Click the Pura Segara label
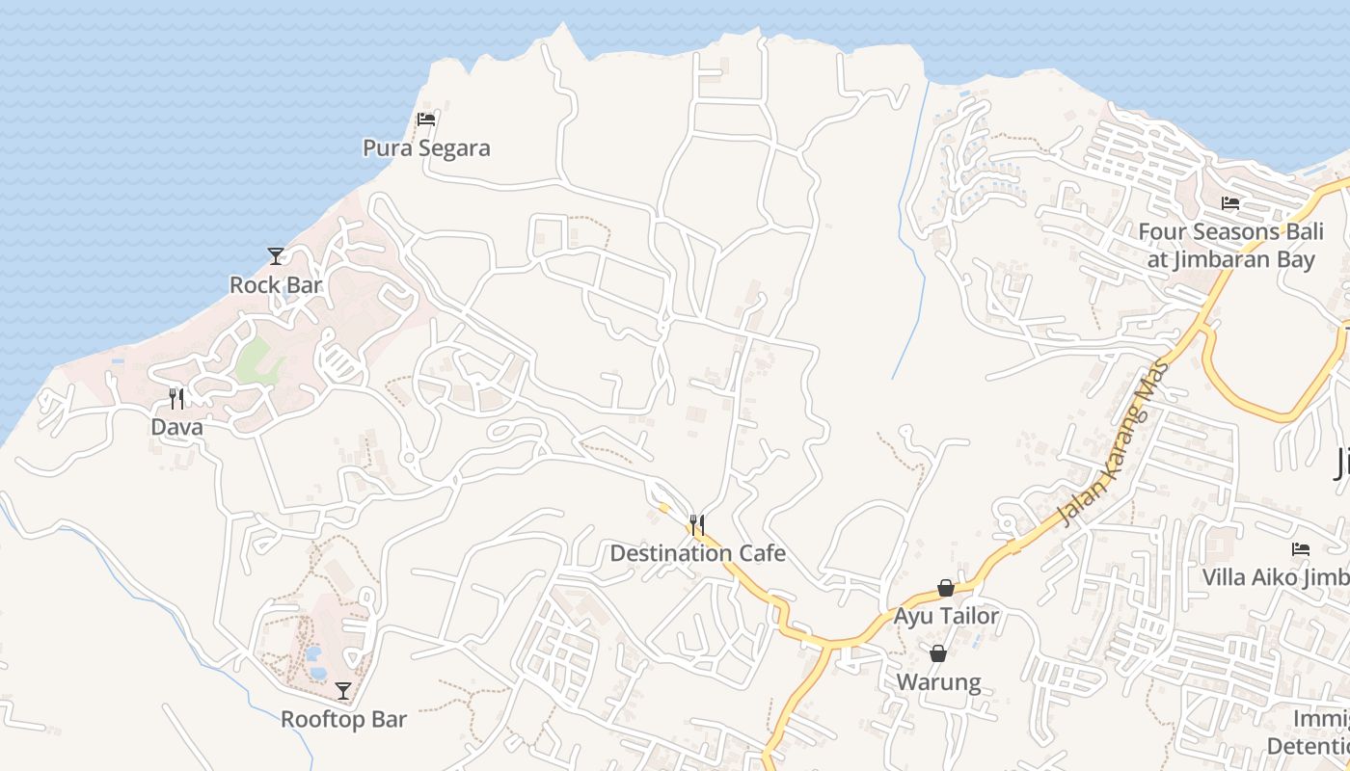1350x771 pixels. pyautogui.click(x=426, y=148)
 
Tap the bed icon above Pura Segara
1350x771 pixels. pyautogui.click(x=426, y=120)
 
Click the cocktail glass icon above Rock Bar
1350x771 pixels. pyautogui.click(x=276, y=256)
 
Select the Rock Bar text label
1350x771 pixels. pyautogui.click(x=276, y=285)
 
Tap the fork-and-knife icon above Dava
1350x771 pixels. pyautogui.click(x=176, y=398)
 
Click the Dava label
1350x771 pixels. pyautogui.click(x=176, y=427)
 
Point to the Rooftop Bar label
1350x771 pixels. pyautogui.click(x=343, y=720)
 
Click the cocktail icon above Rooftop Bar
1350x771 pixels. pyautogui.click(x=343, y=691)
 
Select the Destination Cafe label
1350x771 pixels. pyautogui.click(x=697, y=553)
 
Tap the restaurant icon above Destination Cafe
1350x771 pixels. pyautogui.click(x=697, y=525)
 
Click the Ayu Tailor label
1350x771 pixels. pyautogui.click(x=946, y=616)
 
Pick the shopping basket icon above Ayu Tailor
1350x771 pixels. pyautogui.click(x=946, y=588)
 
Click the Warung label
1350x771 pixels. pyautogui.click(x=938, y=682)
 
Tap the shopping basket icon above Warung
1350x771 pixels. pyautogui.click(x=938, y=653)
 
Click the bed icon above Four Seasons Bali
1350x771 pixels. pyautogui.click(x=1230, y=203)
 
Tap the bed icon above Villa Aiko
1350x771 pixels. pyautogui.click(x=1301, y=549)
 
